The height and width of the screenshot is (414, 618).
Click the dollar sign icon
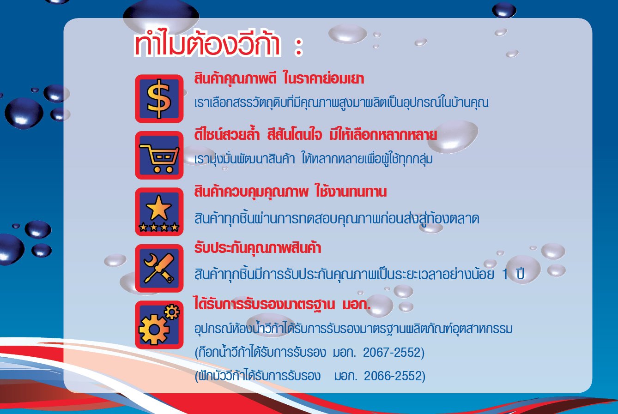[159, 99]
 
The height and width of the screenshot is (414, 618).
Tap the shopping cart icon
[159, 158]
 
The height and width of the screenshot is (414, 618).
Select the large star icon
[158, 208]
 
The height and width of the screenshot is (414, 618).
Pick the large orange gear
[154, 330]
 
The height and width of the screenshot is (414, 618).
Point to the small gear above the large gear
[172, 312]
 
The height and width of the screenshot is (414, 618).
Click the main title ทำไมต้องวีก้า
[207, 43]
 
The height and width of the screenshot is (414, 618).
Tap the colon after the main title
[298, 47]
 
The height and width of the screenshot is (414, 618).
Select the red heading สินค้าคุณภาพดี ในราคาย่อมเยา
[279, 79]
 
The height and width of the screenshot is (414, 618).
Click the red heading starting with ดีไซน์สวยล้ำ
[315, 135]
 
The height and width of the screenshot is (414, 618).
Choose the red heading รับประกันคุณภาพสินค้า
[258, 248]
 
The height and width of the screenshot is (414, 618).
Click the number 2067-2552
[392, 352]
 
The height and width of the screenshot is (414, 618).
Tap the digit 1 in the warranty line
[505, 274]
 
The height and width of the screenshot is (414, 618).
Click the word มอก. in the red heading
[357, 305]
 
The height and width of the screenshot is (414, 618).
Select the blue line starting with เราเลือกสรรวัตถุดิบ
[341, 103]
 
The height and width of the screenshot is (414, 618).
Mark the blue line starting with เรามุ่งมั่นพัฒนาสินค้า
[314, 159]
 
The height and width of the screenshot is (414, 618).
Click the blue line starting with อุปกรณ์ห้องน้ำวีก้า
[353, 328]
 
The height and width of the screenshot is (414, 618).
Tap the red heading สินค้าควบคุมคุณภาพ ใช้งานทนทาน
[291, 192]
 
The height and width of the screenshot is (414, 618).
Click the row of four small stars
[158, 227]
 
